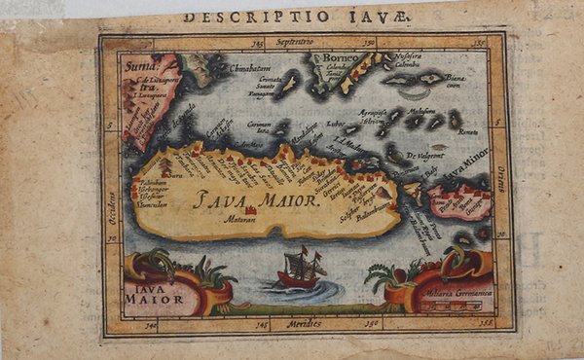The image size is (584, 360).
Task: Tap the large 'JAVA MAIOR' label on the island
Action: [x=255, y=200]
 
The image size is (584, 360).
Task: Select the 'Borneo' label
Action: [x=330, y=57]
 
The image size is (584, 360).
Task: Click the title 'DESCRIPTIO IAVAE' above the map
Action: [x=298, y=16]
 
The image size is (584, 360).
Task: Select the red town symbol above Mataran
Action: [x=251, y=210]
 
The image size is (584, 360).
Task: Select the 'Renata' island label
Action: [x=469, y=130]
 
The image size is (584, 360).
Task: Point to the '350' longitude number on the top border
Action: [x=365, y=44]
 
